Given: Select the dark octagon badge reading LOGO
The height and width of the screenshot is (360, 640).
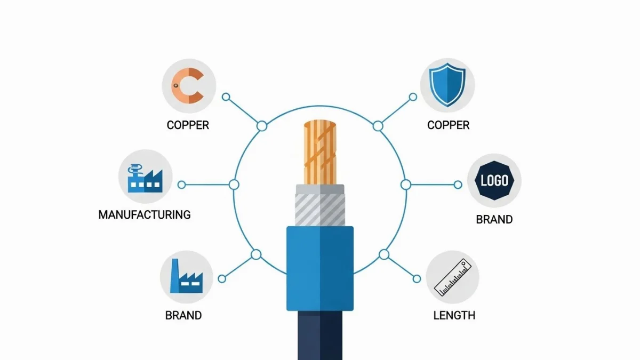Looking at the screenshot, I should [x=494, y=180].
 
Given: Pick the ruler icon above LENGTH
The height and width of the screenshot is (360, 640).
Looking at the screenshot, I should [x=452, y=277].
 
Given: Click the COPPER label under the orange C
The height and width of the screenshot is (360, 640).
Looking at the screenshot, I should [x=188, y=125].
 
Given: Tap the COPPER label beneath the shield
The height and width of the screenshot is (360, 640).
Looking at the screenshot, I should [x=448, y=125].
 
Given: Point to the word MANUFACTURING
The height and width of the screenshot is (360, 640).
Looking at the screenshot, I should [x=145, y=215].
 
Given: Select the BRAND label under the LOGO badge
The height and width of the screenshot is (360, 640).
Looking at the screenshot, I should [x=494, y=219].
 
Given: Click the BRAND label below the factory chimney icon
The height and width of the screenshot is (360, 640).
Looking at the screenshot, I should [x=183, y=315].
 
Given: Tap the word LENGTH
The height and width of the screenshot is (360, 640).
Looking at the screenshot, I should [x=454, y=315].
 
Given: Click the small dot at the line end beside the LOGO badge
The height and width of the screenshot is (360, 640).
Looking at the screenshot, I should [x=458, y=185].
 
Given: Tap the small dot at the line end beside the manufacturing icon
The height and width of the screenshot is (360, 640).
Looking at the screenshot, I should [x=181, y=185].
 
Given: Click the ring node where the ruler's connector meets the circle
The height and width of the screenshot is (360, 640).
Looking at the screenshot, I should [x=383, y=254].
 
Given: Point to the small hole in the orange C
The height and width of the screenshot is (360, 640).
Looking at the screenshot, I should [x=175, y=85].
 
